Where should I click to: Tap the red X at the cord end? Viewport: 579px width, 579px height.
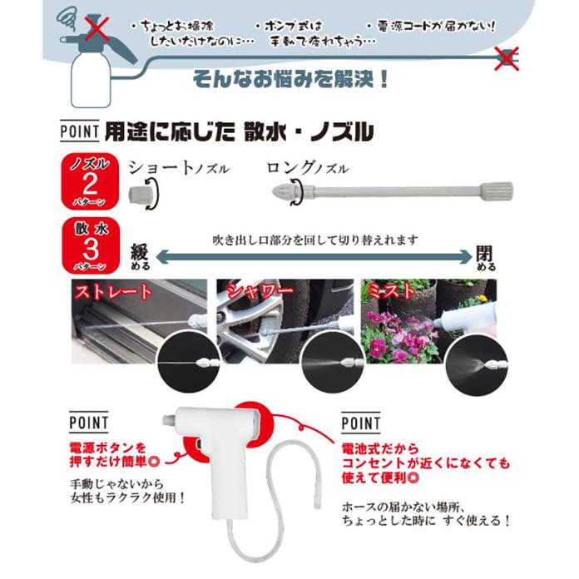(x=505, y=58)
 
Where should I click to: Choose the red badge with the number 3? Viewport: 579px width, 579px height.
(x=87, y=245)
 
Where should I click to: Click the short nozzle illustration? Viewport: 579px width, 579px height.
(x=142, y=196)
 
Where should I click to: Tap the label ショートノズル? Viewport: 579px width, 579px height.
(x=178, y=167)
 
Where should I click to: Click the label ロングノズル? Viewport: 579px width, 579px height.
(x=307, y=167)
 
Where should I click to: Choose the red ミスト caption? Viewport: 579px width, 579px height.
(x=390, y=291)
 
